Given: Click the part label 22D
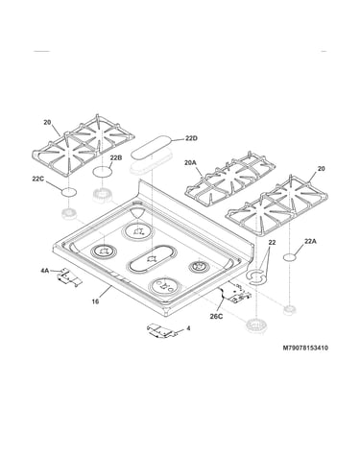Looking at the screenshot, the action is click(191, 138).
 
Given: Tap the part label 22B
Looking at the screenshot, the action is click(116, 157).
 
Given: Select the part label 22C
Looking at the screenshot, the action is click(37, 180).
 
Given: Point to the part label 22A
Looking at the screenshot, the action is click(310, 242).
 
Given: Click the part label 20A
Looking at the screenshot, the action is click(190, 163).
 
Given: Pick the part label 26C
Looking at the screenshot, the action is click(216, 317).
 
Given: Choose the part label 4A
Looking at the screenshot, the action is click(44, 271).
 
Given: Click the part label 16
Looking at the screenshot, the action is click(95, 301).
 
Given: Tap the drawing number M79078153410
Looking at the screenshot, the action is click(305, 348).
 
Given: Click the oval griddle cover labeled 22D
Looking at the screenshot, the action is click(151, 148).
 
